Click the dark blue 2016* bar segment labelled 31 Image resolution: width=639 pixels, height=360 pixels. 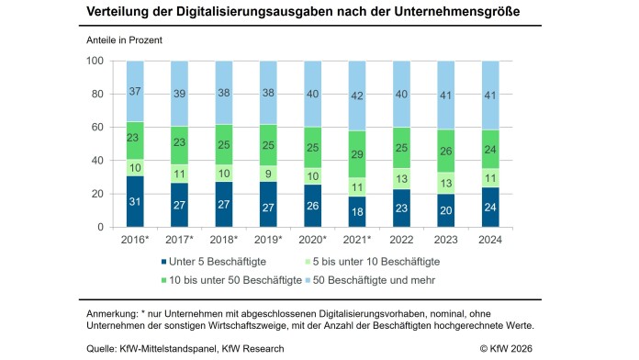[x=135, y=201]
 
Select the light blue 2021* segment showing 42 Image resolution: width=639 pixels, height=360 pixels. [x=397, y=96]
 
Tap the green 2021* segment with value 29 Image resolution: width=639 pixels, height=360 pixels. [x=397, y=154]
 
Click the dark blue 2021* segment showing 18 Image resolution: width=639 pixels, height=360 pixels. [x=397, y=212]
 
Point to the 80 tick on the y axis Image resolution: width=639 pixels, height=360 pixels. [x=95, y=94]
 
